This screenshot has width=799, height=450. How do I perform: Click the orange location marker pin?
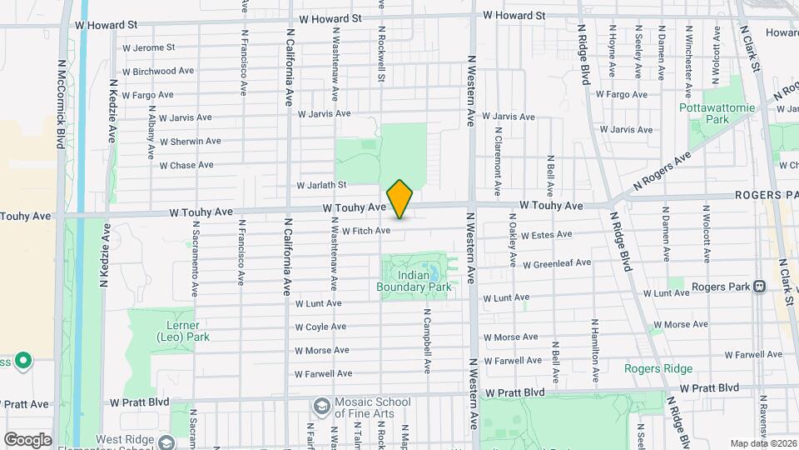pos(400,199)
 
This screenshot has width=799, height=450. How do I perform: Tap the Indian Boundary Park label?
pos(414,282)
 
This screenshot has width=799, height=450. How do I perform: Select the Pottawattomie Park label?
pos(704,114)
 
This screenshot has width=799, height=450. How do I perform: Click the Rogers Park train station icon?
pos(759,287)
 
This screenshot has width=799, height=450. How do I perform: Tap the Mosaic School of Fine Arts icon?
pos(320,406)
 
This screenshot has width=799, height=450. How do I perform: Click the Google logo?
pos(27,439)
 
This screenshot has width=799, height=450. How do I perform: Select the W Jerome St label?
pos(149,47)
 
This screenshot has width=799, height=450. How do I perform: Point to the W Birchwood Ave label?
pos(159,72)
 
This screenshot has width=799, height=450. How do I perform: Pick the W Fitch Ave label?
pos(365,231)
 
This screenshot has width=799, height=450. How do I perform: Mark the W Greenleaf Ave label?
pos(557,263)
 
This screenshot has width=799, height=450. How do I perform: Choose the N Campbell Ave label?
pos(426,344)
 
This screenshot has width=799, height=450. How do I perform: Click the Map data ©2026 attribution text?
pos(762,442)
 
